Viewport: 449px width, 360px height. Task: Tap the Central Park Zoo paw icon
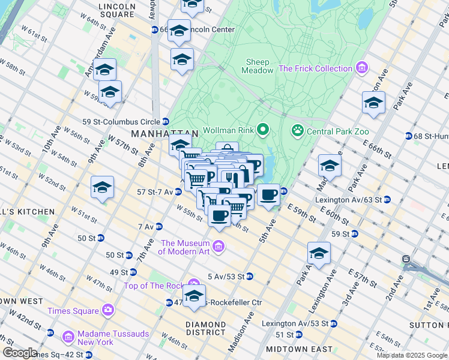[x=297, y=130]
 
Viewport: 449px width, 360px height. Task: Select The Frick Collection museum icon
[x=361, y=68]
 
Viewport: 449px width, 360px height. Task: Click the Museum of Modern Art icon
[x=218, y=247]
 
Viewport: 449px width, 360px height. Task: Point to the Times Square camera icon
[x=108, y=310]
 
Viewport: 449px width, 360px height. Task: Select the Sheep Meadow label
[x=258, y=66]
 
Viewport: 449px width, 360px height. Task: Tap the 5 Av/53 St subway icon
[x=249, y=276]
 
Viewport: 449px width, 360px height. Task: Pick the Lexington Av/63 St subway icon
[x=387, y=199]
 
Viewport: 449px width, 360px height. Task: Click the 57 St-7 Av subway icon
[x=178, y=192]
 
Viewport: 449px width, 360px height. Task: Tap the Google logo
[x=19, y=353]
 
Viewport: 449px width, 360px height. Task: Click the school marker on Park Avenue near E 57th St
[x=319, y=253]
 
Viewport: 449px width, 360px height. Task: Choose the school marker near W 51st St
[x=103, y=188]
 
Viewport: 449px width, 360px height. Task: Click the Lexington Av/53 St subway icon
[x=333, y=323]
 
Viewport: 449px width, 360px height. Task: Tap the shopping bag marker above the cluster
[x=227, y=150]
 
